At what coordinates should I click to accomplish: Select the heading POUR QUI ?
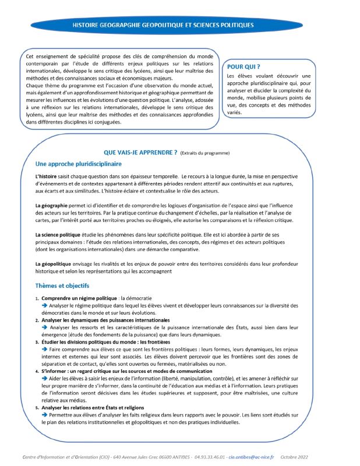(243, 67)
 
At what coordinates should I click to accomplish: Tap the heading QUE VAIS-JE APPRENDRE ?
(140, 152)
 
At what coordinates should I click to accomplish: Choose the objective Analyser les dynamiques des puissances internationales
(105, 320)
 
